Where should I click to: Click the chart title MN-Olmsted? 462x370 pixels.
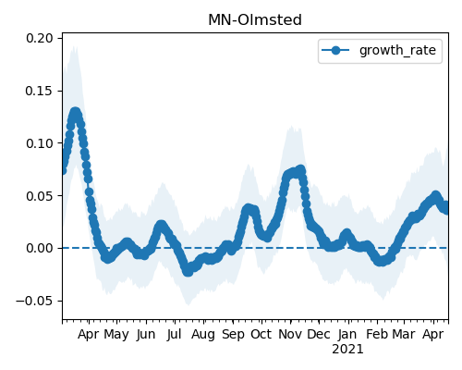click(x=255, y=20)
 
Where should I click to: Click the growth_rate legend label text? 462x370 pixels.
click(x=397, y=51)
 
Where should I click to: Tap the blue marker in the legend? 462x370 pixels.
click(x=335, y=50)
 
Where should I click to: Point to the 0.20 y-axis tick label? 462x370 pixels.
click(x=40, y=39)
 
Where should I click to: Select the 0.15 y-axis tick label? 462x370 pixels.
click(x=40, y=91)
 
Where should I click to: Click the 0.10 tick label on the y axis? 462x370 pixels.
click(x=40, y=143)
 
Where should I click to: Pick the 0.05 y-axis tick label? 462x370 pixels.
click(x=40, y=196)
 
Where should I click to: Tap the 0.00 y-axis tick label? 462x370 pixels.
click(x=40, y=248)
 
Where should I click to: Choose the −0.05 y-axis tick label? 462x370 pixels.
click(x=34, y=301)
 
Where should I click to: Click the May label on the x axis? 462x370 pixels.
click(x=116, y=335)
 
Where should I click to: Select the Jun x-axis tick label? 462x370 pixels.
click(x=146, y=335)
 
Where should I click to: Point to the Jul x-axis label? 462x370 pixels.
click(x=174, y=335)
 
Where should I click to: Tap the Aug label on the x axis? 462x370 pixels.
click(x=203, y=335)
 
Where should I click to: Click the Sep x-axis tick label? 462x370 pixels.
click(x=233, y=335)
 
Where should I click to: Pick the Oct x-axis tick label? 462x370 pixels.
click(x=261, y=335)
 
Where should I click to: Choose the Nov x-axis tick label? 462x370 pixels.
click(x=290, y=335)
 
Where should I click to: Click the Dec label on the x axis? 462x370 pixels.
click(x=319, y=335)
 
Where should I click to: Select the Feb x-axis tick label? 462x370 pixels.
click(x=377, y=335)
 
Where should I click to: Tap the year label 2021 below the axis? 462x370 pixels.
click(x=347, y=350)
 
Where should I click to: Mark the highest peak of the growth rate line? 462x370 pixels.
click(x=75, y=112)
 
